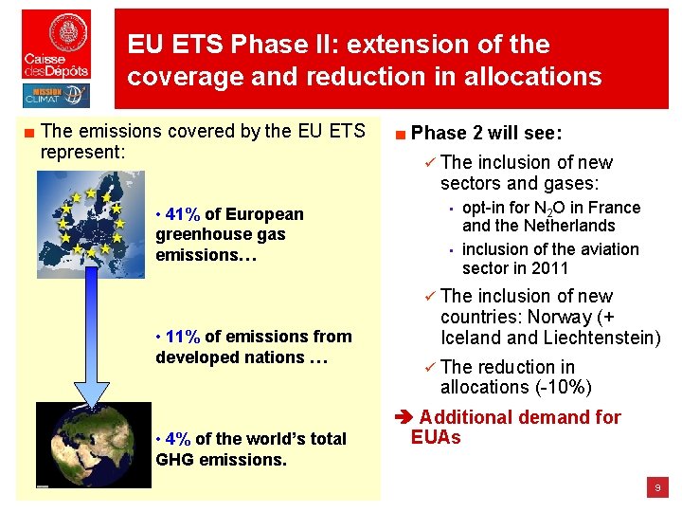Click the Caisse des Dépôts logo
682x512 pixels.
57,45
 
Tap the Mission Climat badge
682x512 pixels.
57,96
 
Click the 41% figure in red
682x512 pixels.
182,214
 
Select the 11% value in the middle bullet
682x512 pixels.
182,337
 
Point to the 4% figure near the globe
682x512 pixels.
177,439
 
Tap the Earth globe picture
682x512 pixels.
93,445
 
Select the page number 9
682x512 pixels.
656,487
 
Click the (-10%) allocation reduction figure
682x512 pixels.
559,387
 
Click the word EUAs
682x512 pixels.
436,437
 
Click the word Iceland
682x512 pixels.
471,338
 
